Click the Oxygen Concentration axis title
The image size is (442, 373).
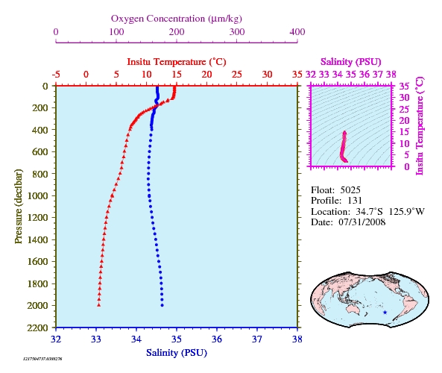pos(177,19)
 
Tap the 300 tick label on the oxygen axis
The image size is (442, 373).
pos(237,31)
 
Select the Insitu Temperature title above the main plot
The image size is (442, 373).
pos(177,61)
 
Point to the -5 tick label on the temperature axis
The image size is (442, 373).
pos(56,75)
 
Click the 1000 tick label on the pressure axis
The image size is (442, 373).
pos(38,195)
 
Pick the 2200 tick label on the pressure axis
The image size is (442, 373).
pos(38,327)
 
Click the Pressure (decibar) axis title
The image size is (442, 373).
pos(19,206)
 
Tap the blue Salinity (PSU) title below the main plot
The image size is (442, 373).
pos(177,353)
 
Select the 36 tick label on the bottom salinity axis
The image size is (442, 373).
pos(217,339)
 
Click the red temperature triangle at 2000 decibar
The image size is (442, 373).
pos(98,304)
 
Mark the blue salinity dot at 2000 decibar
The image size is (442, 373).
pos(162,305)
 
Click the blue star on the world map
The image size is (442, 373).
pos(385,313)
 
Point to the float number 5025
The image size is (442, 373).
pos(350,190)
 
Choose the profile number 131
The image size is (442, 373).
pos(355,201)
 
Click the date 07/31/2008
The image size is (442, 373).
pos(362,222)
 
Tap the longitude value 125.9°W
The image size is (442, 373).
pos(407,212)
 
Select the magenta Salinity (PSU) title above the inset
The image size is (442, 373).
pos(350,61)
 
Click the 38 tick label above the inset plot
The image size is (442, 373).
pos(391,75)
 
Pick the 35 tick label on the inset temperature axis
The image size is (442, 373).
pos(404,86)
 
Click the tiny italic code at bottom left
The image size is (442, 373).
pos(42,359)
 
